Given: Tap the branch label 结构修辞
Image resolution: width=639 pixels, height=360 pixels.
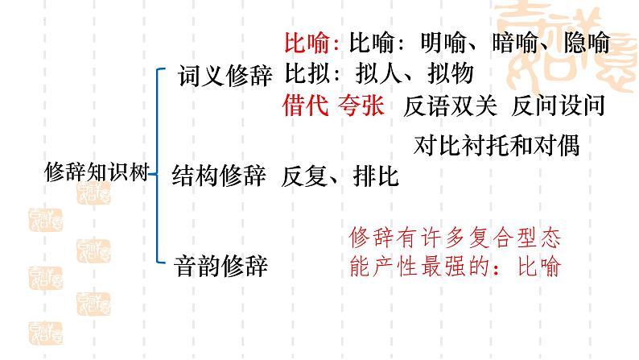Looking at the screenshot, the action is click(219, 177).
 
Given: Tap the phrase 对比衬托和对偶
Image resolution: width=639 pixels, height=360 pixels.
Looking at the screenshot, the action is click(496, 146).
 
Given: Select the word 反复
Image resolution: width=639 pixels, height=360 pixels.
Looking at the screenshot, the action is click(305, 177).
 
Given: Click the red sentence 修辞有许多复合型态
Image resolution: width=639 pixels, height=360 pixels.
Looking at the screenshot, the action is click(455, 238).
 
